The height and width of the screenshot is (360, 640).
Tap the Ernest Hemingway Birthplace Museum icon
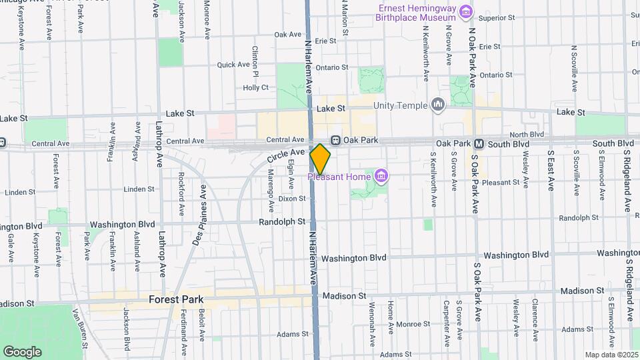[x=466, y=12]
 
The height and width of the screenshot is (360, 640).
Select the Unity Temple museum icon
[x=438, y=104]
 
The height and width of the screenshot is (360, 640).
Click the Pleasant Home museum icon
[x=381, y=176]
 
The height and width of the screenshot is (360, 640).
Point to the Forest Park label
[x=176, y=299]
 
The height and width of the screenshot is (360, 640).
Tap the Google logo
[x=22, y=351]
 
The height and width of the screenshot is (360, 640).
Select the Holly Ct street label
[x=255, y=87]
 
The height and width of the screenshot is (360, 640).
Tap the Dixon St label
[x=292, y=198]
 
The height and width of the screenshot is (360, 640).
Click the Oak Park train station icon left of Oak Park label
[x=336, y=141]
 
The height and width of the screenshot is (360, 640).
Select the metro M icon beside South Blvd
[x=479, y=144]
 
